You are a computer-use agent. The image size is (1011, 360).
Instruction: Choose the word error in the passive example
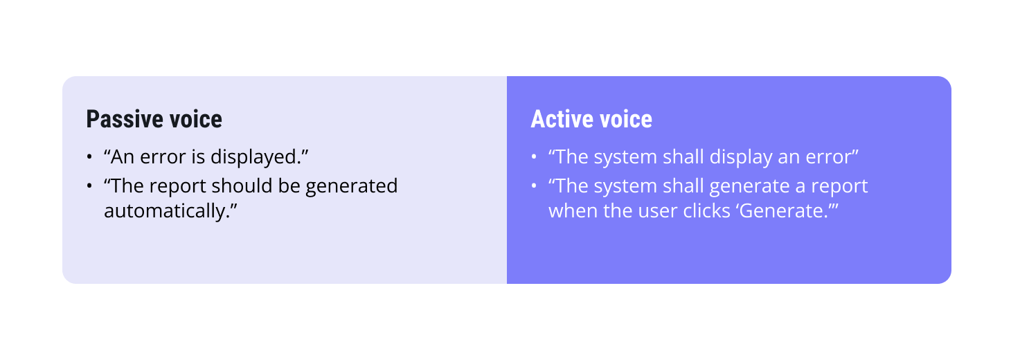click(x=163, y=157)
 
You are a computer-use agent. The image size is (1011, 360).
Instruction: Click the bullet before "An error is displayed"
click(x=89, y=158)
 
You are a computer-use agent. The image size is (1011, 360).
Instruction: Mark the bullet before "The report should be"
click(x=89, y=187)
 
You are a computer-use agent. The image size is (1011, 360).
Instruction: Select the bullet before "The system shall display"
click(x=534, y=158)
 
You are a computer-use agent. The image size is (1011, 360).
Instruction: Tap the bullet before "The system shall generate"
click(x=534, y=187)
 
